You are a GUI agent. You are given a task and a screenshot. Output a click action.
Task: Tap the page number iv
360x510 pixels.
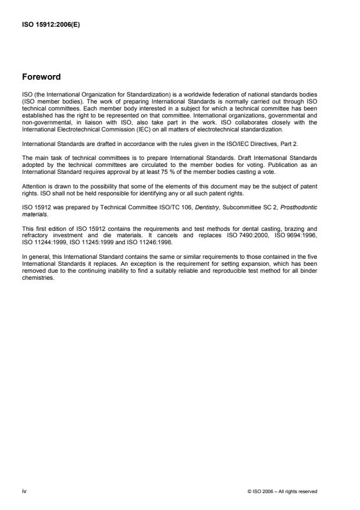(x=24, y=491)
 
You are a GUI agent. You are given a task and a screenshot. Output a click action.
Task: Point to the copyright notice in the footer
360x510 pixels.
(x=282, y=491)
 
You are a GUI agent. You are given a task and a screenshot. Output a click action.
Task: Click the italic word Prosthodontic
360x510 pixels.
(x=301, y=199)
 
